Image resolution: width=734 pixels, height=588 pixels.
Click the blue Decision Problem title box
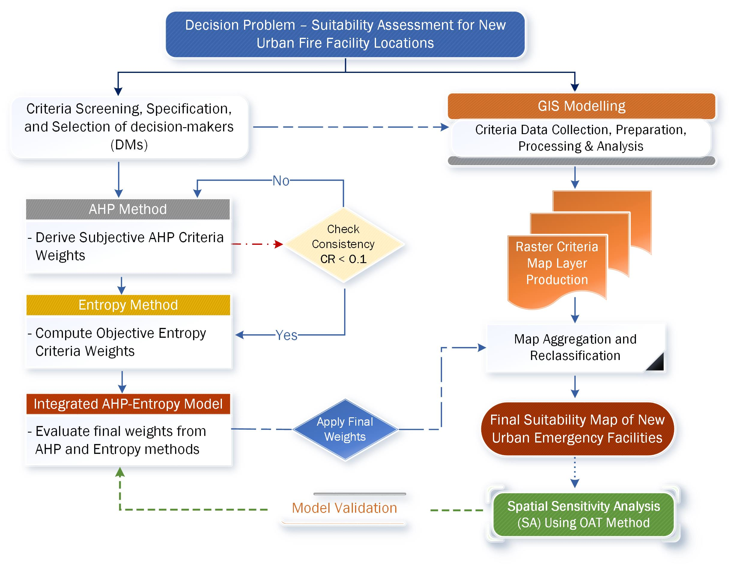pos(345,34)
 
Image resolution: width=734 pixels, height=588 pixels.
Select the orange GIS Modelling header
pos(581,106)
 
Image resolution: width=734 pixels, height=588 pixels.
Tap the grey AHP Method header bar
pos(128,209)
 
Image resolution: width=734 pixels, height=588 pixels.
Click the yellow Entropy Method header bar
pos(128,305)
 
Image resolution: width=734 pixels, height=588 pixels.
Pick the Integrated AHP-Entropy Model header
pos(128,404)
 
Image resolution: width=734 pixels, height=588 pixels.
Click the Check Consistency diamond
pos(344,244)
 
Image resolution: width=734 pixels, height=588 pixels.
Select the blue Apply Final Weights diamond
pos(345,429)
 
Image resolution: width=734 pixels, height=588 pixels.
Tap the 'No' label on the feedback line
pos(281,181)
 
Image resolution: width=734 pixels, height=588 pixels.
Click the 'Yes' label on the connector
pos(286,335)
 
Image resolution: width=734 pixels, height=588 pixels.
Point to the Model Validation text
pos(344,508)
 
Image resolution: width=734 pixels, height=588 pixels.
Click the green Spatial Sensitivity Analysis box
pos(583,514)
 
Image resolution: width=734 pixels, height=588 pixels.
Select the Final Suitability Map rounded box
pos(577,429)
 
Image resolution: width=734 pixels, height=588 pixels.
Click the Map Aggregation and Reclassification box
pos(575,347)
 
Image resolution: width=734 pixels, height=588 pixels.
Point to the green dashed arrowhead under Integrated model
pos(120,472)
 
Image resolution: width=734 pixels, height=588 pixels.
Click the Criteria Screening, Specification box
pos(129,127)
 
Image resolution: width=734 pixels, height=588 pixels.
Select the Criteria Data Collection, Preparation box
pos(580,138)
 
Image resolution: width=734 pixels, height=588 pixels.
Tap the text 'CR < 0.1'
pos(343,259)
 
